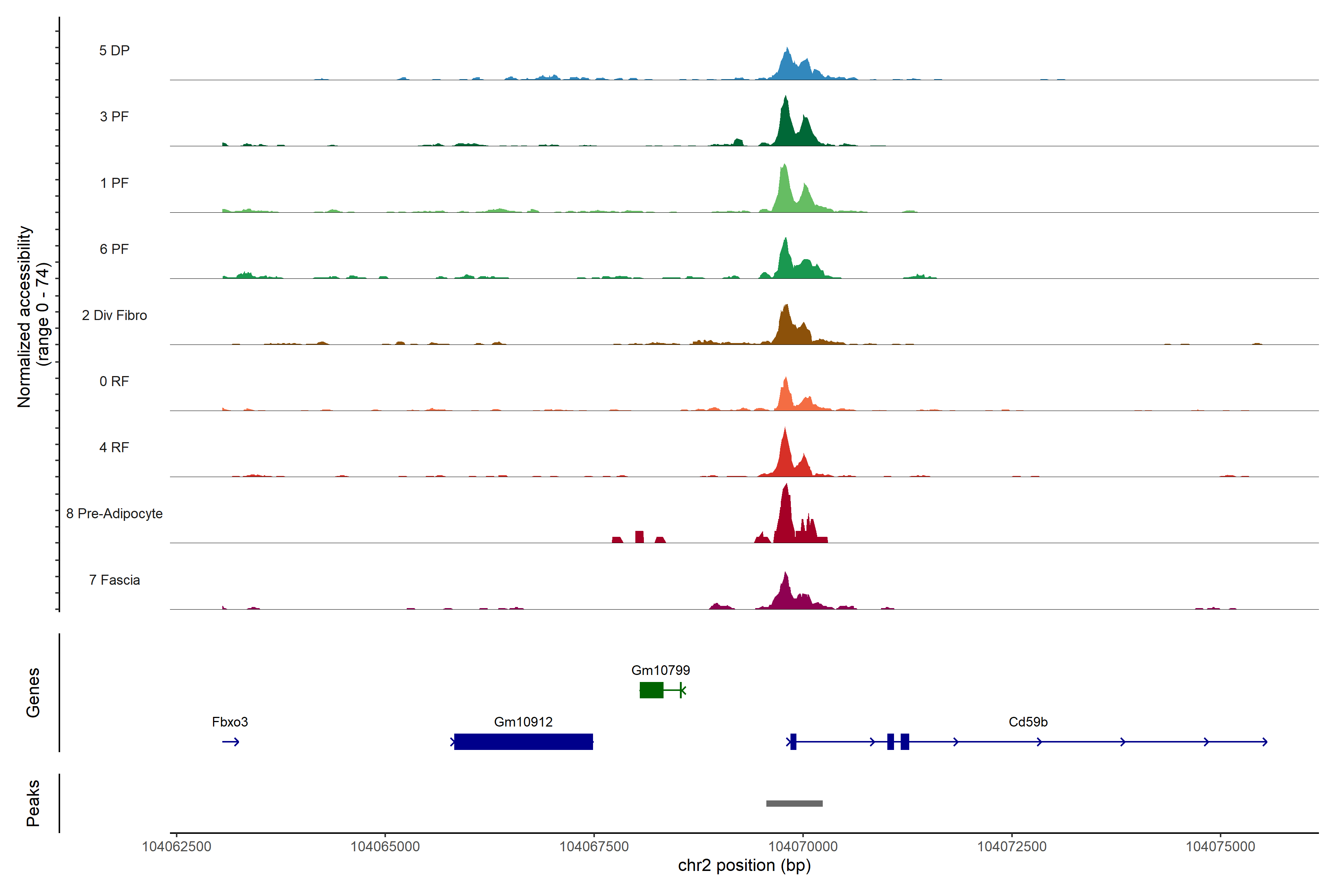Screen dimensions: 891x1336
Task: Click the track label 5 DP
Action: click(x=114, y=50)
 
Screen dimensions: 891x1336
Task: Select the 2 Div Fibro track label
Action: click(x=114, y=315)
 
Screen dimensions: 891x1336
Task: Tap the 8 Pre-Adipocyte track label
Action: click(x=114, y=514)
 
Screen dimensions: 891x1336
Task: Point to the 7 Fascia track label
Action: click(x=114, y=580)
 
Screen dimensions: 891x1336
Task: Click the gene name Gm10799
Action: click(x=661, y=670)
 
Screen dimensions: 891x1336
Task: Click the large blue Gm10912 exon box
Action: click(x=523, y=741)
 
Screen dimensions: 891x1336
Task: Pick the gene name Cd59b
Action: click(x=1028, y=722)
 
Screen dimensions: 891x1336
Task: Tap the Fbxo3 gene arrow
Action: click(x=230, y=741)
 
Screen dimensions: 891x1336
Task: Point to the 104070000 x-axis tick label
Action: click(x=803, y=847)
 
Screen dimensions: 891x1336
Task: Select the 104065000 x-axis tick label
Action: click(x=385, y=847)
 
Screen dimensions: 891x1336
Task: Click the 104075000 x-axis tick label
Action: click(x=1220, y=847)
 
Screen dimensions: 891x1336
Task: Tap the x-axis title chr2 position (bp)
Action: click(x=744, y=865)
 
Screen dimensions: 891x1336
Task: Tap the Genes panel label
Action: click(x=33, y=693)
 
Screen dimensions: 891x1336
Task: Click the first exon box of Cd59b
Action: click(x=793, y=741)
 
